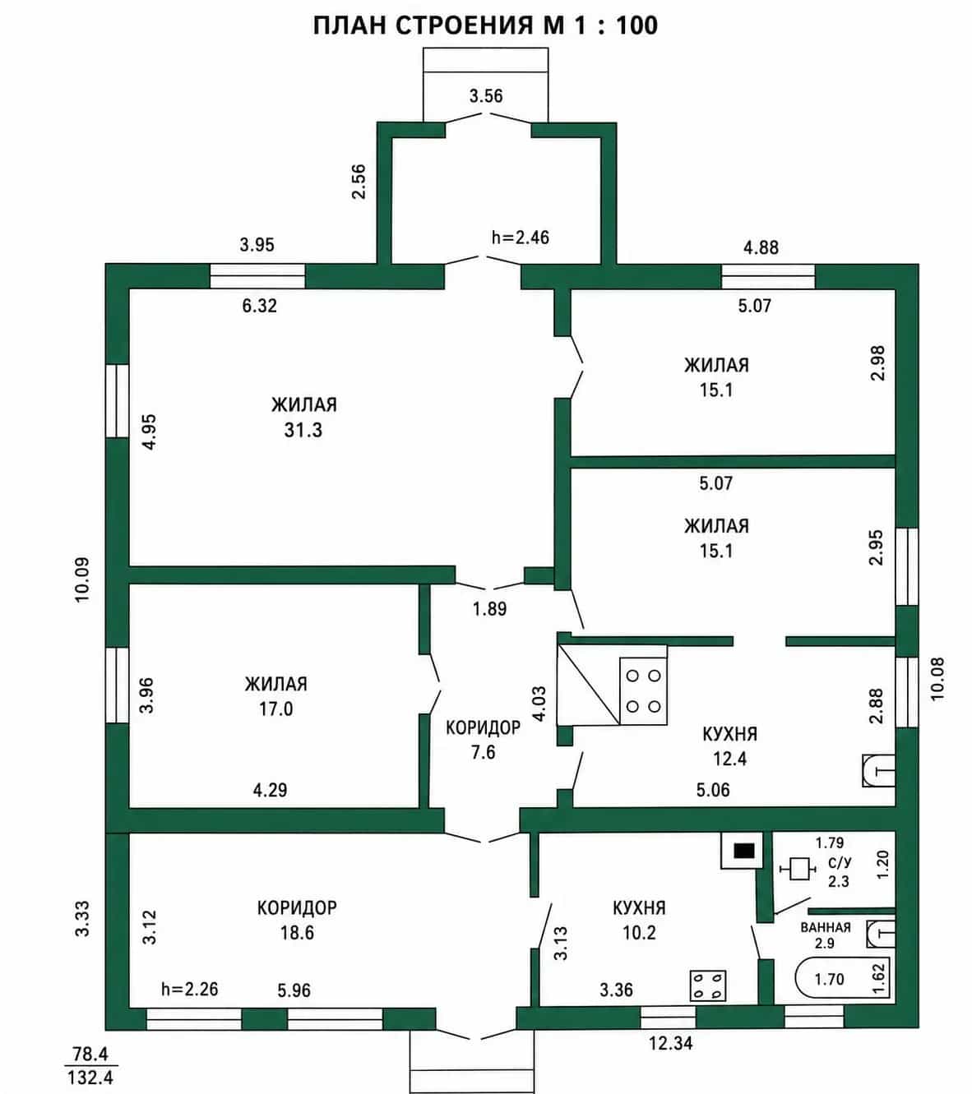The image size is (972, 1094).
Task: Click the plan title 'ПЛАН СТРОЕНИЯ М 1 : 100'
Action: pos(485,25)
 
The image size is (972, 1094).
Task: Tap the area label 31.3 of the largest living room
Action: pos(303,431)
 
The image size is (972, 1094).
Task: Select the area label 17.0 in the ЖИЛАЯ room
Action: pos(276,709)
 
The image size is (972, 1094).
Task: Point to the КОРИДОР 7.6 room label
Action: pos(483,739)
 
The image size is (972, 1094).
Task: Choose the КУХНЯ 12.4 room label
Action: pos(730,746)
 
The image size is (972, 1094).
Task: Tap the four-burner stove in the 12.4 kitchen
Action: pos(644,691)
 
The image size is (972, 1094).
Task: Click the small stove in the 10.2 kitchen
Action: pos(708,986)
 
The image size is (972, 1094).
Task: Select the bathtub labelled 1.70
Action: pos(842,978)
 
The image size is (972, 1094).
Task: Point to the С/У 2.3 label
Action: pos(839,872)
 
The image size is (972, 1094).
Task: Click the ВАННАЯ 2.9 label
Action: pos(826,935)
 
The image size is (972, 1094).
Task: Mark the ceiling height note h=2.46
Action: pos(521,237)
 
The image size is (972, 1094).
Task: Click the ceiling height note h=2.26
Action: pos(190,989)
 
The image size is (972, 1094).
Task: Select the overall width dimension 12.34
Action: pos(670,1043)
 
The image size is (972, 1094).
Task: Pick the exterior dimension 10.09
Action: pos(81,580)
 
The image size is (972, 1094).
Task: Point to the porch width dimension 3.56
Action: pos(486,96)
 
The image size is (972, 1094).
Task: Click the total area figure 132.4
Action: pos(90,1078)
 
